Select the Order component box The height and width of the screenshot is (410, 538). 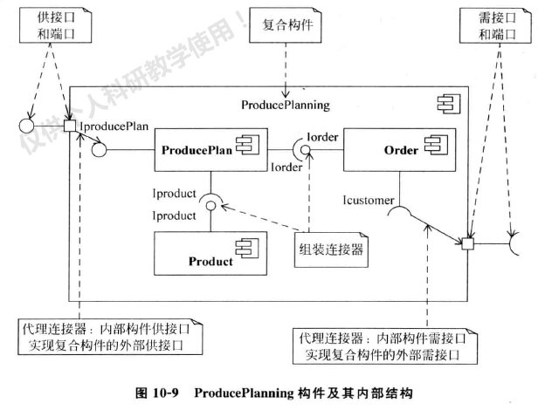click(x=397, y=151)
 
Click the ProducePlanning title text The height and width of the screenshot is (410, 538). click(x=285, y=106)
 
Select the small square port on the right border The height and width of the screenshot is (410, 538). click(x=468, y=243)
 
